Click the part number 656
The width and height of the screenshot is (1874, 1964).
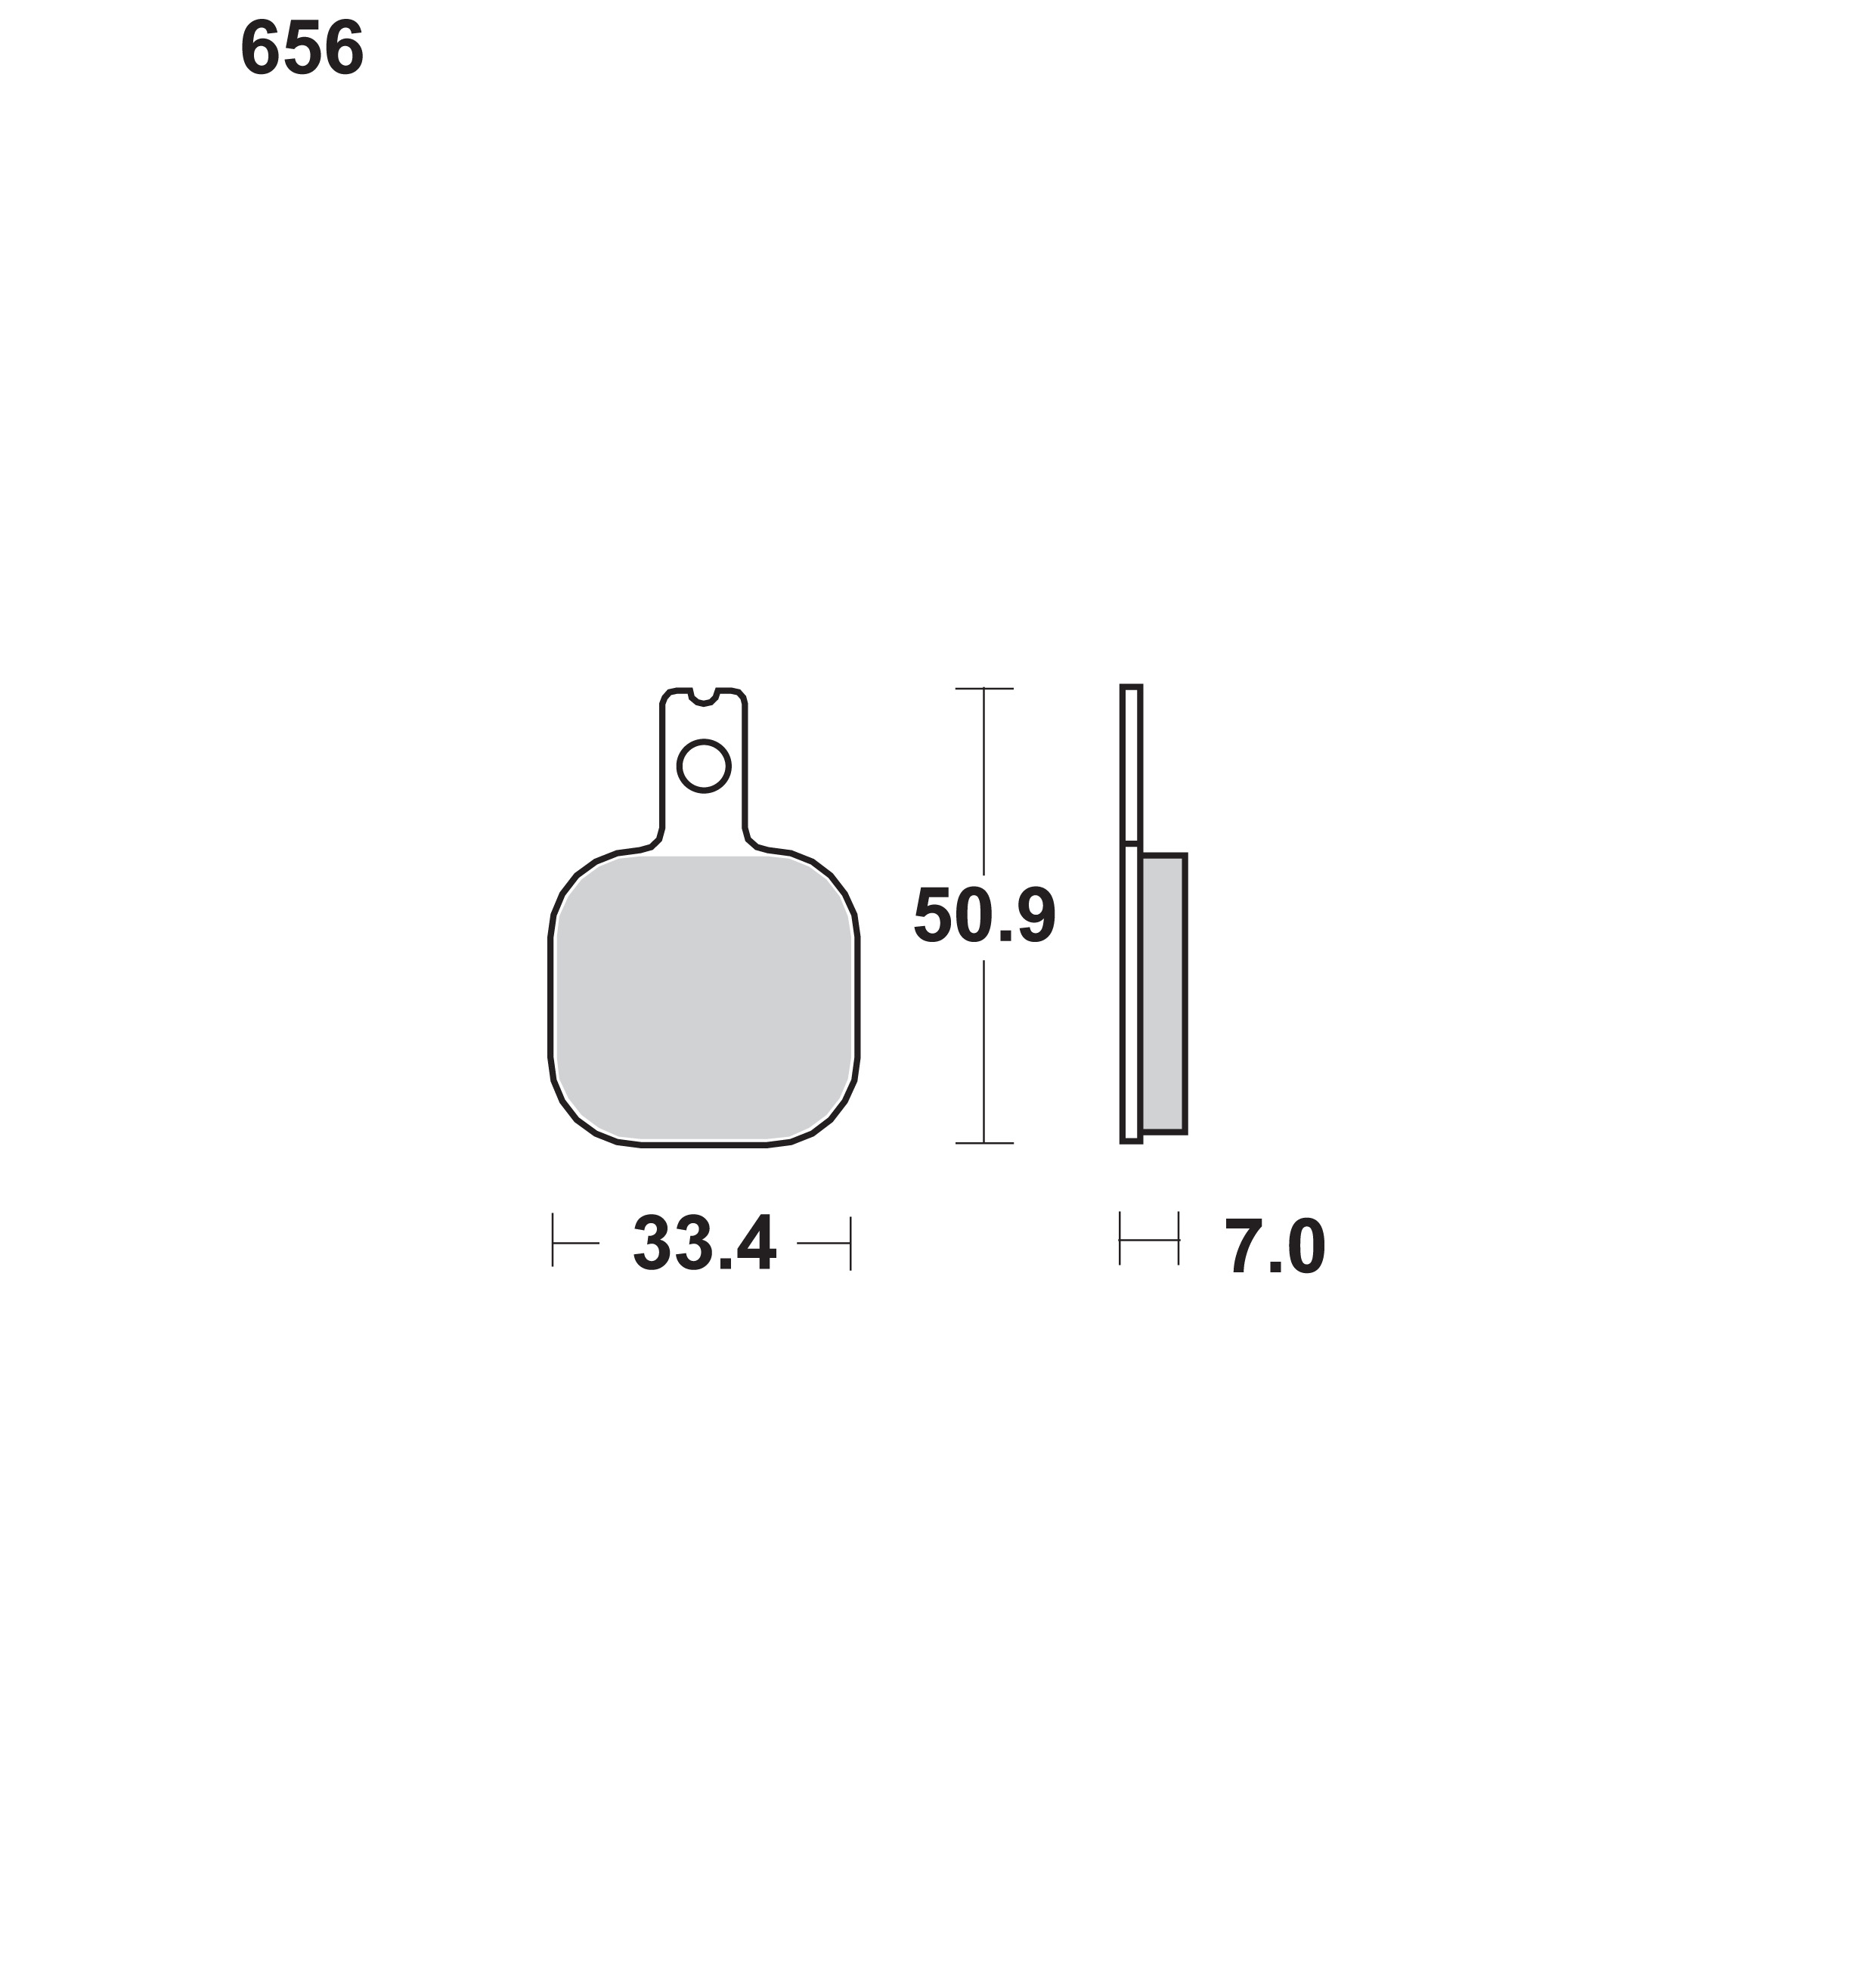pyautogui.click(x=302, y=49)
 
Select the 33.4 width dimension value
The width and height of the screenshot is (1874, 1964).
pyautogui.click(x=705, y=1245)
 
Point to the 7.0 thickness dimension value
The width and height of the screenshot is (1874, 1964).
pyautogui.click(x=1275, y=1248)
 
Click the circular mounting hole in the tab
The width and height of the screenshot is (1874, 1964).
pyautogui.click(x=705, y=767)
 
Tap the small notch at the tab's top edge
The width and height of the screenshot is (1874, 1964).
pyautogui.click(x=705, y=696)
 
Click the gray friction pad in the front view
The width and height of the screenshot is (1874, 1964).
pyautogui.click(x=705, y=998)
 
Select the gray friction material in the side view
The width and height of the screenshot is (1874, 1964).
pyautogui.click(x=1163, y=994)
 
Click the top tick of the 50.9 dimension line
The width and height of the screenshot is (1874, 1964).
pyautogui.click(x=984, y=688)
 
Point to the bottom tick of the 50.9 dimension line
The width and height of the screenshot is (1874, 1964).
pyautogui.click(x=984, y=1143)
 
